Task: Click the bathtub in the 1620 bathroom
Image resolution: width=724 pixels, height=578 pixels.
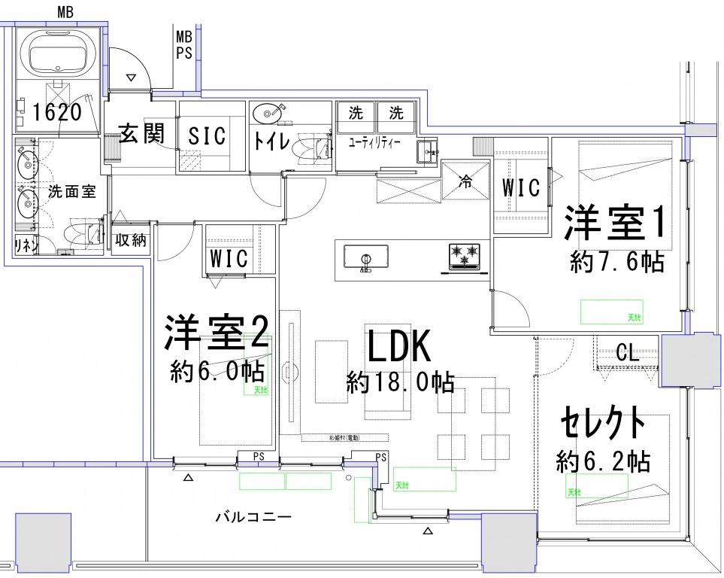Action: [x=57, y=50]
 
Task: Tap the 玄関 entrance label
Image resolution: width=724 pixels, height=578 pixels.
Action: [x=141, y=135]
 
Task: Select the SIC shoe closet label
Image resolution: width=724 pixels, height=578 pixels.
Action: [x=207, y=136]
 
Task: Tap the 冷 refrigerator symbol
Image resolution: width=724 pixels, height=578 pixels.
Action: [x=465, y=181]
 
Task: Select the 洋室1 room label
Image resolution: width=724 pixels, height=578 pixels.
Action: [x=616, y=224]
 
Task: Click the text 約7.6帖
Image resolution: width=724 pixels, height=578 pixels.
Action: [x=616, y=262]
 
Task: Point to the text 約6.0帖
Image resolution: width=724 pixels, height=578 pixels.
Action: [x=217, y=371]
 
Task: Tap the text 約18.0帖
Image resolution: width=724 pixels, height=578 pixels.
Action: [x=400, y=383]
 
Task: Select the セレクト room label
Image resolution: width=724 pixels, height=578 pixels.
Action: [x=603, y=424]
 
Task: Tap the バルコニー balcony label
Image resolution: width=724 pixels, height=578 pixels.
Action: [x=253, y=517]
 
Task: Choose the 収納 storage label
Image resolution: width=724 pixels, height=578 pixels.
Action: [x=131, y=242]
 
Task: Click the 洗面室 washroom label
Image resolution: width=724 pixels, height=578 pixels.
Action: [x=71, y=192]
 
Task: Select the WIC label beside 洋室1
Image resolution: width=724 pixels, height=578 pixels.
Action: [x=522, y=188]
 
